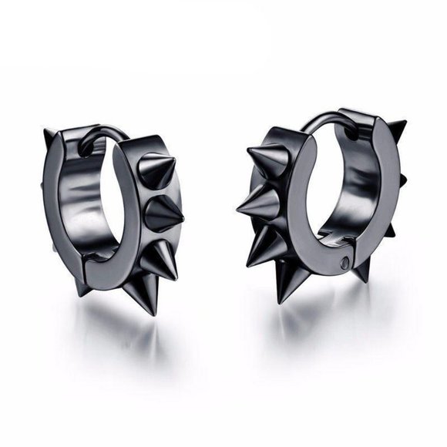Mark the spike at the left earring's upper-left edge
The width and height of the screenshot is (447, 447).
point(50,139)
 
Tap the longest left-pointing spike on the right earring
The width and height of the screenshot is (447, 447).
point(258,203)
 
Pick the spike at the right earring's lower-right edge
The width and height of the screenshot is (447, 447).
point(363,269)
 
